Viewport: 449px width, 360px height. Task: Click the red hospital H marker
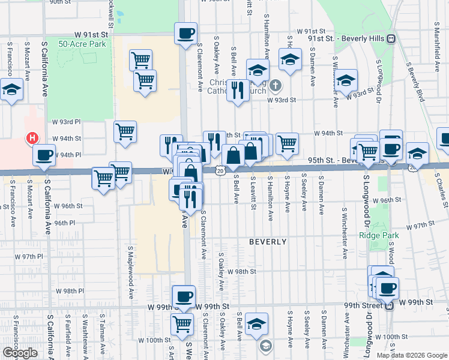32,139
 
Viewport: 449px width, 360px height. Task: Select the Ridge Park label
375,235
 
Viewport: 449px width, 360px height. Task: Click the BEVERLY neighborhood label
268,241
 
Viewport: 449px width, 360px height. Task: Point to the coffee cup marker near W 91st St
186,32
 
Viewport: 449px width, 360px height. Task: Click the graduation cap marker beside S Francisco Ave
11,91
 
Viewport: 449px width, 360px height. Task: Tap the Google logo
20,353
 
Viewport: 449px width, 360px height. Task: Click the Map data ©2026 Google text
412,355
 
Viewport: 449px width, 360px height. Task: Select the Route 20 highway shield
220,171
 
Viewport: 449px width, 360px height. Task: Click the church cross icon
275,85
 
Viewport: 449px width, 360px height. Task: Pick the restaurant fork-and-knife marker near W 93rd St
238,91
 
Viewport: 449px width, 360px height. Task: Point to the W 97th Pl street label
30,256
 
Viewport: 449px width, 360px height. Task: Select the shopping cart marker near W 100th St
182,324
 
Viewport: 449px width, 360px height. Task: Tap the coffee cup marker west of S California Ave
44,155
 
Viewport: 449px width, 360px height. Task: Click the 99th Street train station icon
389,305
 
